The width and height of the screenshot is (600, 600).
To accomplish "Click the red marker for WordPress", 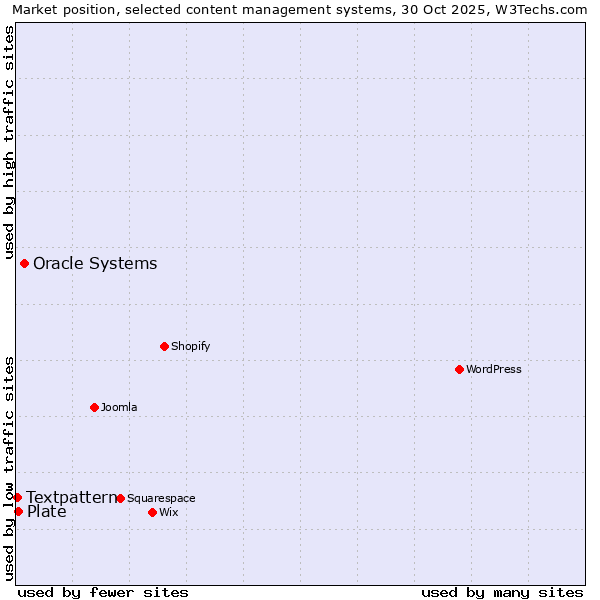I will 459,369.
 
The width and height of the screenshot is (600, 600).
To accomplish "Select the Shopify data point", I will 164,346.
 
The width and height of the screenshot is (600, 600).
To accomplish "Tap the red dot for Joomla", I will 94,407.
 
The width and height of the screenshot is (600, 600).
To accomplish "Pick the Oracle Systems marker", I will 24,263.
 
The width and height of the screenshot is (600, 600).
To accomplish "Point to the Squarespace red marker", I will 120,498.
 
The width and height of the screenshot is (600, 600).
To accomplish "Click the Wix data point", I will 152,512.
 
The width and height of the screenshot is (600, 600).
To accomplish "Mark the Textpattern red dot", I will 17,497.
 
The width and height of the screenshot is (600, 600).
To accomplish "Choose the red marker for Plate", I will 18,511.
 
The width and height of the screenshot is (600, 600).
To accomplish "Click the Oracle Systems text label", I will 95,264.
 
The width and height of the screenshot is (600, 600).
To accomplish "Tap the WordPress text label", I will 493,370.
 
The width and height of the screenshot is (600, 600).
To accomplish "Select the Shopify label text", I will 190,347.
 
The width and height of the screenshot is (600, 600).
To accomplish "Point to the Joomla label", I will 119,408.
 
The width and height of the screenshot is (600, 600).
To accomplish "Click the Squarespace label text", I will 161,499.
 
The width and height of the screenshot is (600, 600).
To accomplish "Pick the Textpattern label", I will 71,497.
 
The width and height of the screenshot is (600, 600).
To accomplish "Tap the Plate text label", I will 46,512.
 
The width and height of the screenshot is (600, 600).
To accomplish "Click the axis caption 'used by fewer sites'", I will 103,592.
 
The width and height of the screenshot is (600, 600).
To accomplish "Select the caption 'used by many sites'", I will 502,592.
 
